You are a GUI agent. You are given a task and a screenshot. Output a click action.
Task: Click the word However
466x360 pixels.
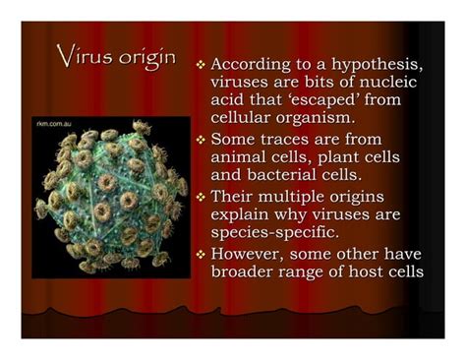pos(251,253)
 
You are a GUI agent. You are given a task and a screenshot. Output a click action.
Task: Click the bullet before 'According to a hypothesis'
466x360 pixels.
pos(201,63)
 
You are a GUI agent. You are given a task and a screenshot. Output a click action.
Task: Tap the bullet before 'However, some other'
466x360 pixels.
pos(201,253)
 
